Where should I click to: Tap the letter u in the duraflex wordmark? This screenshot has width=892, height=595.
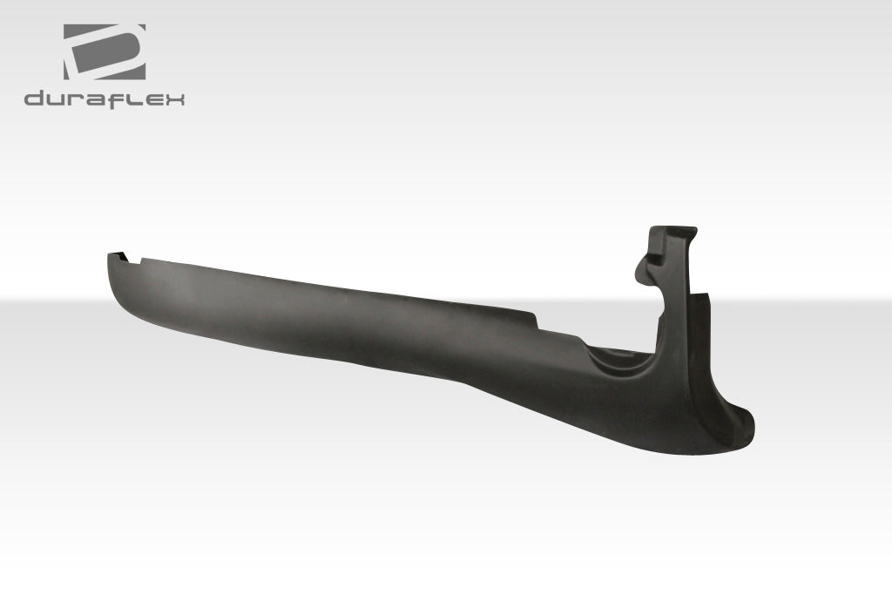56,99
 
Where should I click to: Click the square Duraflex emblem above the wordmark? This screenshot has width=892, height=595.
104,52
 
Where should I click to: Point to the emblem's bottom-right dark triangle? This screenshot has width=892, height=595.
134,71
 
